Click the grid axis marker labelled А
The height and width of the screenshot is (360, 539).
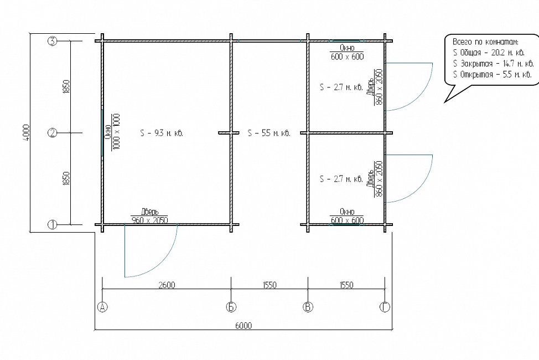[x=102, y=307]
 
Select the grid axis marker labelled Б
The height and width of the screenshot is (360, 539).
[x=231, y=307]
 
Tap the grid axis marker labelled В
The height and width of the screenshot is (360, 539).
[x=308, y=307]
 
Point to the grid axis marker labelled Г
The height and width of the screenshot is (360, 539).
[x=385, y=307]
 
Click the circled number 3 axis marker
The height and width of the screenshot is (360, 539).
[x=52, y=42]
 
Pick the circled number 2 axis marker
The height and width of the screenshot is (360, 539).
[x=52, y=133]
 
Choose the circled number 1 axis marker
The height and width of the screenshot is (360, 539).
[x=52, y=225]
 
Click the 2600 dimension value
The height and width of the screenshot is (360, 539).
[x=167, y=285]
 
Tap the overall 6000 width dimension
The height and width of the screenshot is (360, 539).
[x=243, y=325]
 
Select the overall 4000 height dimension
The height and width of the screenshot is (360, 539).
[x=26, y=132]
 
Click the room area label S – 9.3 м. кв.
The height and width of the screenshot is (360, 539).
[x=162, y=133]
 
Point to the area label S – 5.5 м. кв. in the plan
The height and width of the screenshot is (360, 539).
[x=269, y=133]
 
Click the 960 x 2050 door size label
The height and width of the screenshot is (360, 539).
[x=149, y=220]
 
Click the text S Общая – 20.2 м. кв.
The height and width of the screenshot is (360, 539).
[x=489, y=53]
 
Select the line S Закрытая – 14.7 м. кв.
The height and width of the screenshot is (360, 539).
[x=493, y=64]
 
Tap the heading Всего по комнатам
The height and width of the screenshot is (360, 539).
[x=485, y=42]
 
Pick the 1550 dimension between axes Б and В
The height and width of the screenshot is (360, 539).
[x=269, y=285]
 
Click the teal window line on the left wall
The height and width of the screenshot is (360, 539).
[x=102, y=133]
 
